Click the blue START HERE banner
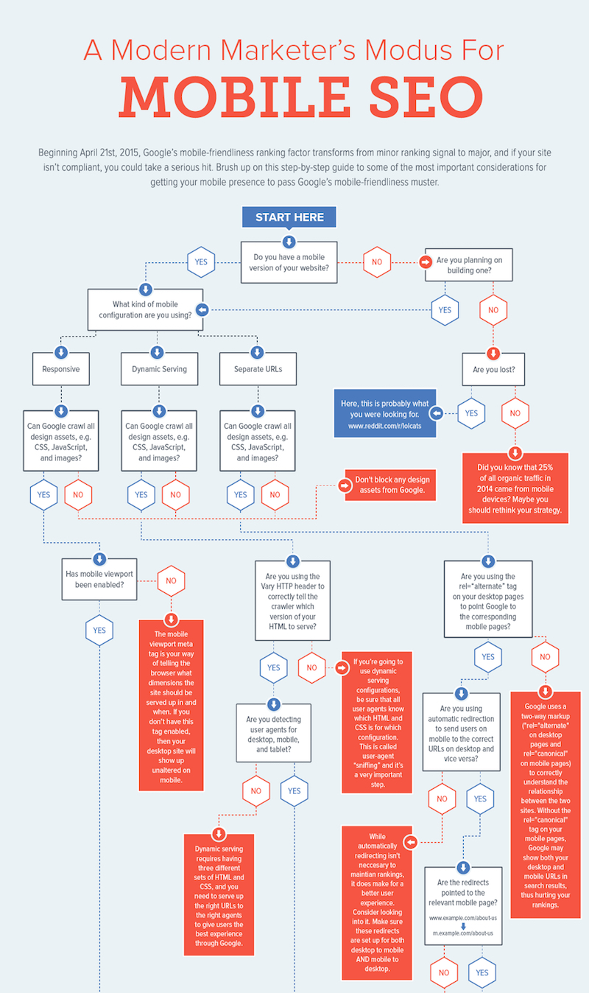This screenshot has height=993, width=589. click(x=289, y=217)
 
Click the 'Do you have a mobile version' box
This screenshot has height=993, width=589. click(x=289, y=262)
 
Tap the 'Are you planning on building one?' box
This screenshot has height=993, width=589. click(x=469, y=264)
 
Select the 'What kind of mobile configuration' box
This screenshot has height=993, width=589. click(x=145, y=309)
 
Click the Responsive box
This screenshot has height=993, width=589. click(x=60, y=369)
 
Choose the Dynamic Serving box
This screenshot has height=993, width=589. click(x=159, y=369)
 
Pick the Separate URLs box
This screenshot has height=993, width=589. click(x=258, y=369)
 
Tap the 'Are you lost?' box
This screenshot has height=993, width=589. click(x=493, y=369)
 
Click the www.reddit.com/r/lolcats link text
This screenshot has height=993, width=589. click(x=384, y=426)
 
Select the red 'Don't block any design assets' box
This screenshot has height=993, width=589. click(x=390, y=485)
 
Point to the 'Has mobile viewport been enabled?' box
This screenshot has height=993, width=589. click(x=99, y=580)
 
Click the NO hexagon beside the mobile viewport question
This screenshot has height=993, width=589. click(x=171, y=580)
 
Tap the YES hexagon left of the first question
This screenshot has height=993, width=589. click(x=201, y=262)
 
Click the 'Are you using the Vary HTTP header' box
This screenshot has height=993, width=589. click(x=292, y=600)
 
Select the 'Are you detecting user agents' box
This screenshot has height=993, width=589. click(x=273, y=733)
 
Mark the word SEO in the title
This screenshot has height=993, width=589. click(x=426, y=97)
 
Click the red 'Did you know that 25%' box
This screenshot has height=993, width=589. click(x=515, y=488)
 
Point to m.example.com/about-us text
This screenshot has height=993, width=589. click(x=462, y=933)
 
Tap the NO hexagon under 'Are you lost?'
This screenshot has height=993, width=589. click(x=515, y=413)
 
